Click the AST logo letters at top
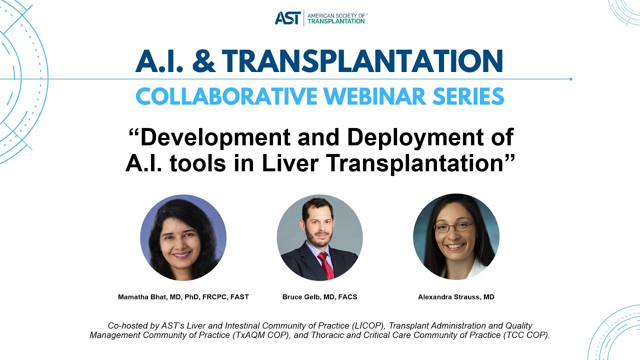tap(287, 18)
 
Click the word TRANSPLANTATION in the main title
tap(362, 61)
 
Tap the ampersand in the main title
tap(200, 61)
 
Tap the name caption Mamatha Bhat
tap(183, 297)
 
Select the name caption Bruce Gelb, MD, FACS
tap(320, 297)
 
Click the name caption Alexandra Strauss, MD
tap(456, 297)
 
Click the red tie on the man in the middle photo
tap(326, 265)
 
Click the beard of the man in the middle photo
tap(318, 238)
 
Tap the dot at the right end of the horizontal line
tap(570, 79)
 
